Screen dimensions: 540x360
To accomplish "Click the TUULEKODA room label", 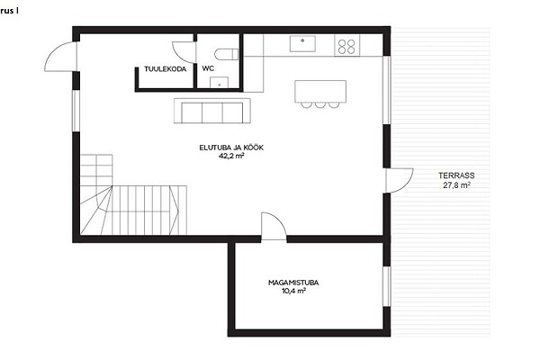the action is point(166,69).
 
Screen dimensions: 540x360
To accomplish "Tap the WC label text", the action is point(208,68).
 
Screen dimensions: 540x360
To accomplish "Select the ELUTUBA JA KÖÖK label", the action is point(231,148).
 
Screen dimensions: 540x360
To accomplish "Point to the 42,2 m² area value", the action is point(231,156).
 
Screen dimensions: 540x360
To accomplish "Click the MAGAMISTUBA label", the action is point(293,283).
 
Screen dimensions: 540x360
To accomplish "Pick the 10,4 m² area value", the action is point(293,291).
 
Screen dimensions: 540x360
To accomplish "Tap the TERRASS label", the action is point(456,175).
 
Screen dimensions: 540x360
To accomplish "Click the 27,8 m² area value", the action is point(456,185).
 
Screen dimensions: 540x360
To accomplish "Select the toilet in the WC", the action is point(226,54).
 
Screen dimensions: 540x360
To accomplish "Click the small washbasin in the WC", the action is point(219,82).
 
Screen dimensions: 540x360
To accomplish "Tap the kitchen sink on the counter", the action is point(302,44).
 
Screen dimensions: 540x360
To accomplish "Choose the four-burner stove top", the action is point(346,46).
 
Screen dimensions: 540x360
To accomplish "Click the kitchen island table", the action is point(320,91).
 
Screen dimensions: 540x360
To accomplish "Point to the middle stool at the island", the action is point(320,104).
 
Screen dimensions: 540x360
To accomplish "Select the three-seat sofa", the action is point(212,111).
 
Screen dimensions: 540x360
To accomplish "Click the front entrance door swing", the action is point(60,57).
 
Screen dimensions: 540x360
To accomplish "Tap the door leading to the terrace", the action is point(400,181).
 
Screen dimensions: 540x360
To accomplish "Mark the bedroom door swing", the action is point(274,226).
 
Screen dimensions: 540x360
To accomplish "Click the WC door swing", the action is point(184,52).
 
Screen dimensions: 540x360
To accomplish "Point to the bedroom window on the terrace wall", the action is point(387,286).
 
